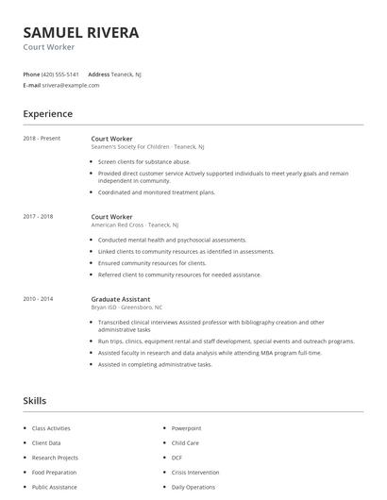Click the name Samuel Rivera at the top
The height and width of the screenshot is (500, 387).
point(81,32)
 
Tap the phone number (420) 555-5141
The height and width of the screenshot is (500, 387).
point(60,74)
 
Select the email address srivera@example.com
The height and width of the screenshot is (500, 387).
point(71,85)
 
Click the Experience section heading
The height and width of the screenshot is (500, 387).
point(47,114)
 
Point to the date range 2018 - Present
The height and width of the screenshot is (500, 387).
point(42,138)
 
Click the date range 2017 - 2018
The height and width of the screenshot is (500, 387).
point(38,216)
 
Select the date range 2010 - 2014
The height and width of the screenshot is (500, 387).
point(38,298)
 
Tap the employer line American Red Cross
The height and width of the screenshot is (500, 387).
point(131,225)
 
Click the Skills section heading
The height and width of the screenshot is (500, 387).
point(35,401)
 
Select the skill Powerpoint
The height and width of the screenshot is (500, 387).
point(186,428)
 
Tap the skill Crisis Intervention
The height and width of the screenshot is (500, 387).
point(194,473)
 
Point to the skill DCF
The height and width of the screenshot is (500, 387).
point(177,458)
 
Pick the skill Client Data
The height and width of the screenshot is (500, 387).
point(47,442)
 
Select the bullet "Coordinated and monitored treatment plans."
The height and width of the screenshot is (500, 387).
point(157,192)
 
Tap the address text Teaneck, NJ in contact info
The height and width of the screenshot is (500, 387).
point(127,74)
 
